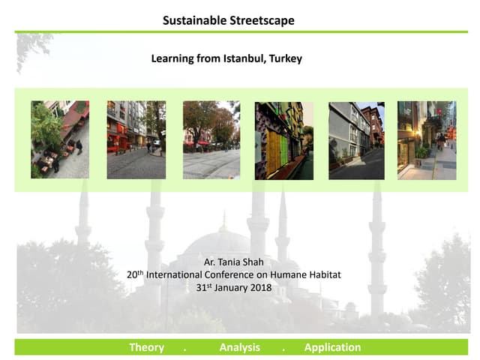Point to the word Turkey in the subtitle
(x=285, y=58)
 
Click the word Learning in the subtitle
(x=173, y=58)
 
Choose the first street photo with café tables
(x=60, y=139)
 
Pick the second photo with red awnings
(x=136, y=139)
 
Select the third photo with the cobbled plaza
(x=211, y=139)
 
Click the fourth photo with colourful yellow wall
(x=284, y=140)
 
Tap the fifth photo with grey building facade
(x=356, y=140)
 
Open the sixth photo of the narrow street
(x=426, y=140)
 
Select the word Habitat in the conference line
(x=324, y=274)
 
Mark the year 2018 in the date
(x=259, y=287)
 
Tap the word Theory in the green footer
(x=146, y=347)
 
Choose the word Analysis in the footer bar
(x=239, y=347)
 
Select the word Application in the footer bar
(x=332, y=347)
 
